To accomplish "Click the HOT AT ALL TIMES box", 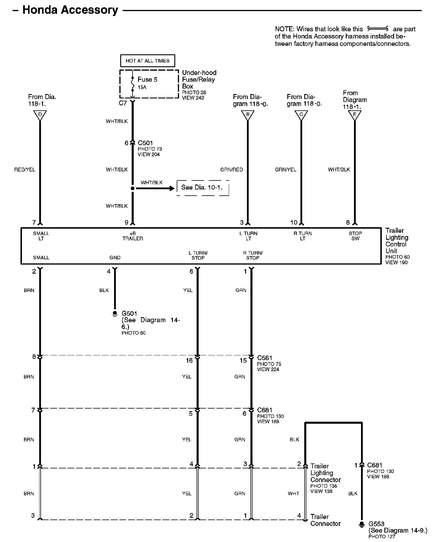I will point(147,61).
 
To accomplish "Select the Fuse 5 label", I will point(147,79).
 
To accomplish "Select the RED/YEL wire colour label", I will point(25,170).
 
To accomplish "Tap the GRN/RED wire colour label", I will point(231,170).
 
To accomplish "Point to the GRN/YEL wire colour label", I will point(286,170).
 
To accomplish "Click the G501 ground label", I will point(129,313).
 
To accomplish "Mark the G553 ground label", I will point(376,524).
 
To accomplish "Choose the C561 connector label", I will point(264,358).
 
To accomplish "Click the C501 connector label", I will point(145,143).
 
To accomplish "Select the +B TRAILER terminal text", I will point(133,236).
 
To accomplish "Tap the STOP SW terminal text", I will point(355,236).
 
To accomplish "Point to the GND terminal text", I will point(115,258).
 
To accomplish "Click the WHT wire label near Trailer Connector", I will point(293,494).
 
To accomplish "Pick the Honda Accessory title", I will point(70,10).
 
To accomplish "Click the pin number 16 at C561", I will point(189,361).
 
